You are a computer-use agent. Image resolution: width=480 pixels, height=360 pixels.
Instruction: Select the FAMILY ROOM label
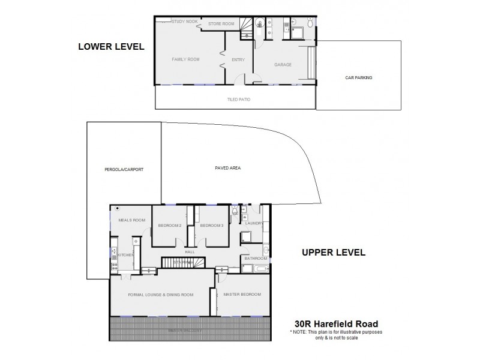tap(185, 59)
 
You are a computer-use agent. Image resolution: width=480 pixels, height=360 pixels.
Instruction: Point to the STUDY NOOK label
tap(184, 22)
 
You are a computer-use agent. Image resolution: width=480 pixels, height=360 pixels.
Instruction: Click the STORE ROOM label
tap(221, 23)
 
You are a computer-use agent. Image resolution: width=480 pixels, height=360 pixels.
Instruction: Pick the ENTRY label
tap(238, 59)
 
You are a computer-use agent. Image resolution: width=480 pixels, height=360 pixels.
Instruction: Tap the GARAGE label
tap(283, 64)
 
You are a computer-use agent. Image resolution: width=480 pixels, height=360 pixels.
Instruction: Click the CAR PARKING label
tap(359, 77)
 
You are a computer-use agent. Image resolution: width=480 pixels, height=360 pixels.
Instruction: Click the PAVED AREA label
tap(228, 167)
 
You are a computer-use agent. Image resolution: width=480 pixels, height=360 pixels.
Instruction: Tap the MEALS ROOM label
tap(132, 220)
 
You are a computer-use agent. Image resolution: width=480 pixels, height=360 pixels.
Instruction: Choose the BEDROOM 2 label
tap(170, 226)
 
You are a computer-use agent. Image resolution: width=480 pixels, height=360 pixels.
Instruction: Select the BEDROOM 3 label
tap(211, 226)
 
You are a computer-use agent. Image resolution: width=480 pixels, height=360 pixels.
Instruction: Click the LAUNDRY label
tap(255, 223)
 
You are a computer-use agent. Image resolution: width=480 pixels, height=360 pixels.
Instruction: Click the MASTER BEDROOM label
tap(242, 295)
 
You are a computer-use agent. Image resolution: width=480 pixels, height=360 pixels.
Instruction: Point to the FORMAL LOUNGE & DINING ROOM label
tap(161, 295)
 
